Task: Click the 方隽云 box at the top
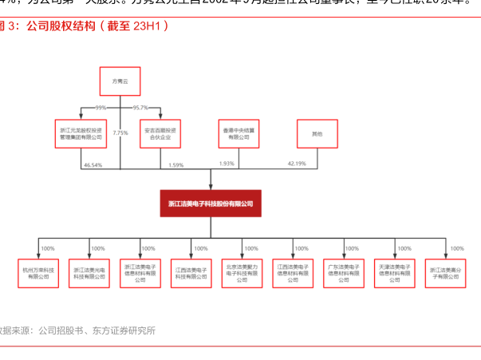[x=120, y=81]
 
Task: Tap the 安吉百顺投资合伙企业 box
[x=162, y=133]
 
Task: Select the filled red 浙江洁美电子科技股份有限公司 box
[x=211, y=204]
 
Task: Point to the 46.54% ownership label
[x=93, y=164]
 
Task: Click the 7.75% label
[x=120, y=133]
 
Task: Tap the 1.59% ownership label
[x=176, y=164]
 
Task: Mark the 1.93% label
[x=227, y=164]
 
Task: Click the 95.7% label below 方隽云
[x=141, y=108]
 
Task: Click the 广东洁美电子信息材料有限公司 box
[x=344, y=273]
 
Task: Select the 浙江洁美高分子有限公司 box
[x=446, y=273]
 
